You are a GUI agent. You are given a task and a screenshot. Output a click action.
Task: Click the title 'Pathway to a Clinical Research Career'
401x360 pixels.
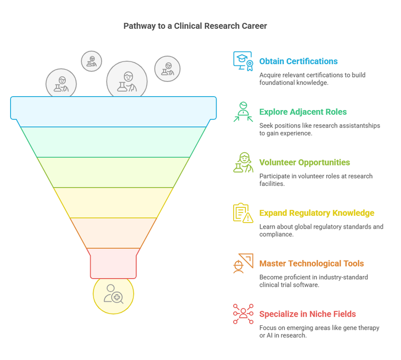[x=195, y=26]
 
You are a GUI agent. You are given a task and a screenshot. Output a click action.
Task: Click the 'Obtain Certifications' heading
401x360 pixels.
[x=298, y=61]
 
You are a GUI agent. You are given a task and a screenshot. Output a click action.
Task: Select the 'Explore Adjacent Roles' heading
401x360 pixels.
[x=303, y=112]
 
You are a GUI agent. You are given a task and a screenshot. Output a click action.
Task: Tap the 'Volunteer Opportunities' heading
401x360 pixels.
[x=304, y=162]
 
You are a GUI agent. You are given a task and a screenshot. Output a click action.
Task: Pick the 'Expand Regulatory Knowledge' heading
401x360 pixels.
[x=317, y=213]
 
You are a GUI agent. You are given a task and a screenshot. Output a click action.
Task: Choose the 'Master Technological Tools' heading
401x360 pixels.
[x=311, y=263]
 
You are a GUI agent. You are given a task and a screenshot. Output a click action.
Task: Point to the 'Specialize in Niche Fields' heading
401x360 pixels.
[x=307, y=314]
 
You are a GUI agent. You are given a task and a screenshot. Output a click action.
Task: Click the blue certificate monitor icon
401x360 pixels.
[x=243, y=61]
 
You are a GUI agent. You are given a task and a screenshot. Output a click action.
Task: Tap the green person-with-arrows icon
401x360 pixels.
[x=243, y=112]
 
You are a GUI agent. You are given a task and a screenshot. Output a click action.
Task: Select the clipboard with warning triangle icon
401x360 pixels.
[x=243, y=213]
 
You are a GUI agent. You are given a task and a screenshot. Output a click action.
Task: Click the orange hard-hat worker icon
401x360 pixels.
[x=243, y=263]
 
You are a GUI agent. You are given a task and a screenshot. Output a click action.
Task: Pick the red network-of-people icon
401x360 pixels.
[x=243, y=314]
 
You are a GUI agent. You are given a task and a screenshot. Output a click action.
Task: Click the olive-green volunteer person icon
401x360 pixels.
[x=243, y=162]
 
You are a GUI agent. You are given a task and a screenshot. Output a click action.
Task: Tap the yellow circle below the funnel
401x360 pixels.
[x=113, y=294]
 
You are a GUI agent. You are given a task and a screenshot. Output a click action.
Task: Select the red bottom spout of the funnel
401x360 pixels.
[x=113, y=263]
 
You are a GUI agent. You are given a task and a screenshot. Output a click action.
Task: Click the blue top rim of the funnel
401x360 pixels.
[x=113, y=107]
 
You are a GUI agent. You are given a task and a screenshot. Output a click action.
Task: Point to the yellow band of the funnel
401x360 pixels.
[x=113, y=202]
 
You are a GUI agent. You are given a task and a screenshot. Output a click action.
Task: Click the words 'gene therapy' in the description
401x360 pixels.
[x=359, y=327]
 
